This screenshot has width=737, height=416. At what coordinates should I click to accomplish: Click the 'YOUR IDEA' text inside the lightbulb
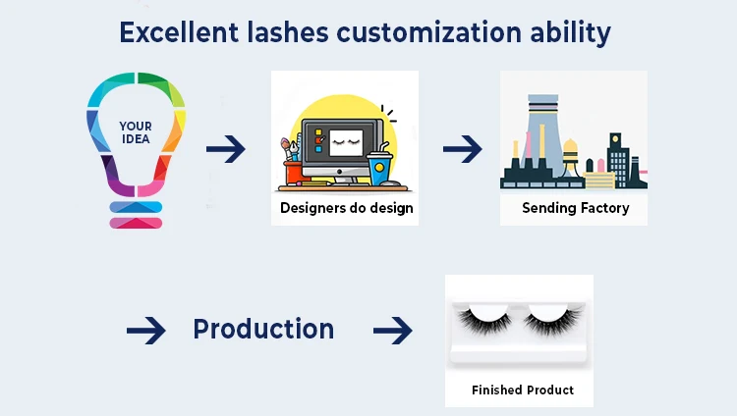click(136, 132)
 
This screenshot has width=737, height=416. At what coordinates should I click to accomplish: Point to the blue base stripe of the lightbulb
click(136, 207)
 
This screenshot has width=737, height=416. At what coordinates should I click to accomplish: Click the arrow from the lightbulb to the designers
click(225, 150)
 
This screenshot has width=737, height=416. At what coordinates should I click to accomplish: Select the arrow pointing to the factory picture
click(462, 150)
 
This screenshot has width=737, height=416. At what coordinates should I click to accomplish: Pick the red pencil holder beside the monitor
click(292, 172)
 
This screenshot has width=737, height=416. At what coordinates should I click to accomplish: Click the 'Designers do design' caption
click(346, 208)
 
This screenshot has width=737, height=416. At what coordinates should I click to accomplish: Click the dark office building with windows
click(618, 162)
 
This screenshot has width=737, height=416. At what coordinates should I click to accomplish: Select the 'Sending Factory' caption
click(575, 208)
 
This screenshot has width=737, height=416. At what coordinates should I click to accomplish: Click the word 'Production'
click(263, 330)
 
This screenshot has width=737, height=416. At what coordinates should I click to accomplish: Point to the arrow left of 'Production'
click(145, 332)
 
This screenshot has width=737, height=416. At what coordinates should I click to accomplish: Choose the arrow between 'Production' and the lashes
click(392, 332)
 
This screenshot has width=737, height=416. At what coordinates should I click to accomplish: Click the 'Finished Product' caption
click(522, 390)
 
